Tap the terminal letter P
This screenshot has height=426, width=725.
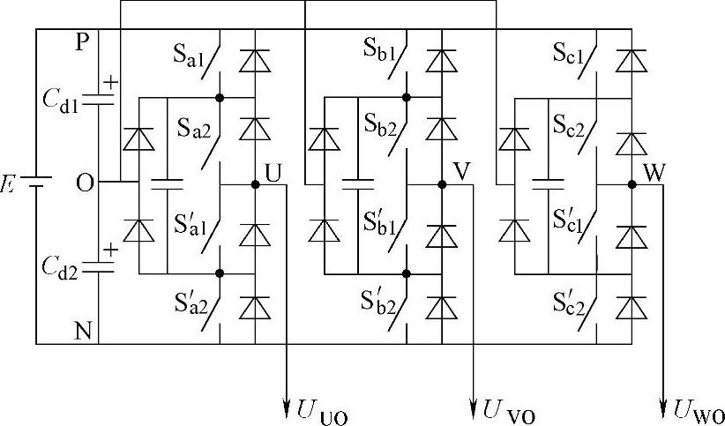point(82,42)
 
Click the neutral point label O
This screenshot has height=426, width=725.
point(85,183)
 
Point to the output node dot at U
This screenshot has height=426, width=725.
point(255,184)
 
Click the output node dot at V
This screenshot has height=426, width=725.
point(442,184)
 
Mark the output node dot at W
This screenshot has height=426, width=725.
point(632,184)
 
